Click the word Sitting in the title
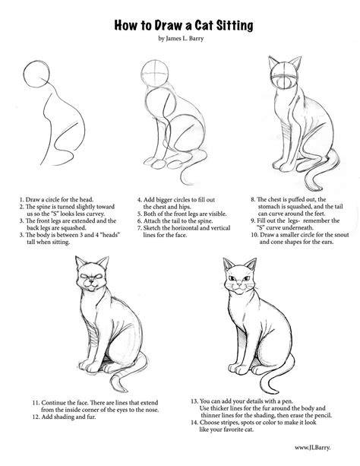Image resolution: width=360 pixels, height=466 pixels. click(x=235, y=26)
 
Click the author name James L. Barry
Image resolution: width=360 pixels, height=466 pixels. click(x=184, y=38)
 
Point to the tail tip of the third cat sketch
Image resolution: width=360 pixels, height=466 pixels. click(x=319, y=189)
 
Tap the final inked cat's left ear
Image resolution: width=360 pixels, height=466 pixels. click(x=228, y=264)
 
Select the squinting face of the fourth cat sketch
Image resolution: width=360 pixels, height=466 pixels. click(x=91, y=278)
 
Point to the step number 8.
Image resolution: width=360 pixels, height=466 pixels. click(x=253, y=199)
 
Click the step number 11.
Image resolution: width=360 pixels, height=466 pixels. click(x=36, y=403)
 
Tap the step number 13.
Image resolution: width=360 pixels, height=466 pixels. click(x=194, y=401)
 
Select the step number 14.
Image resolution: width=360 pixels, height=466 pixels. click(x=194, y=423)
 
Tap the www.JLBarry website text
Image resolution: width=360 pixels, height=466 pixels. click(x=312, y=448)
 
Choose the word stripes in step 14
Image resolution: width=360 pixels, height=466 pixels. click(x=229, y=423)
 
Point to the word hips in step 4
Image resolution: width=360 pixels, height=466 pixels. click(x=185, y=207)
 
